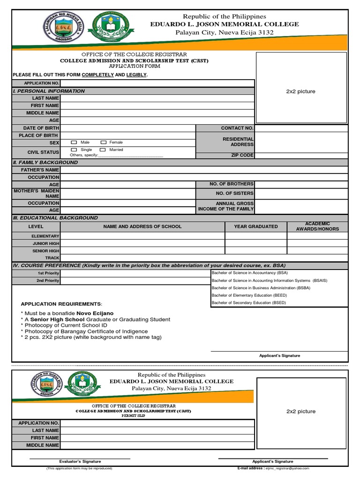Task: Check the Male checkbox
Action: tap(74, 142)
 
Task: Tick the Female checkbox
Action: tap(103, 142)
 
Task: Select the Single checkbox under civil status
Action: tap(74, 150)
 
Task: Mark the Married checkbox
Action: tap(103, 150)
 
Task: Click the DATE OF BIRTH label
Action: tap(41, 128)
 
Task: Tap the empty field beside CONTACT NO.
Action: tap(301, 128)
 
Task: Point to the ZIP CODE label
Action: tap(242, 155)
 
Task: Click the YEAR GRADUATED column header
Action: tap(255, 226)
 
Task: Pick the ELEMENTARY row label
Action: tap(45, 236)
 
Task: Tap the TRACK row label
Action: tap(52, 258)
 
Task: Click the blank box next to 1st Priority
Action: tap(135, 273)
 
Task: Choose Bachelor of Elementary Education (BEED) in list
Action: tap(249, 295)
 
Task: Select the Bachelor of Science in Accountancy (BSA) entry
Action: tap(249, 273)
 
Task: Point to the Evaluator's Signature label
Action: tap(80, 462)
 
